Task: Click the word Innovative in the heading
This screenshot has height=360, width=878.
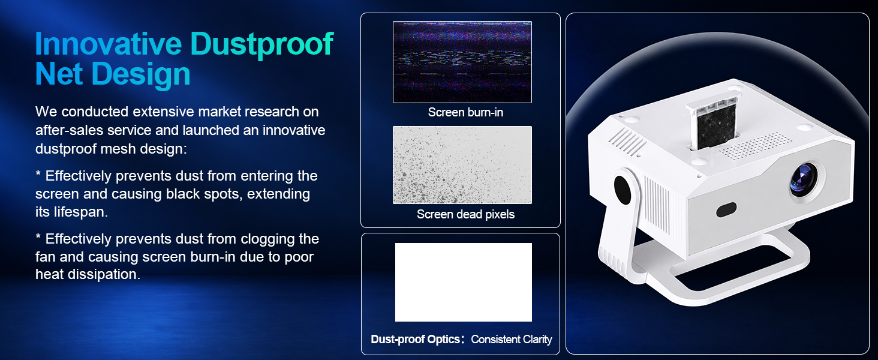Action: (109, 43)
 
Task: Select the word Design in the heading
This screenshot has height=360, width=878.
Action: (141, 75)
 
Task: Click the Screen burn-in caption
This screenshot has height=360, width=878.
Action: (465, 113)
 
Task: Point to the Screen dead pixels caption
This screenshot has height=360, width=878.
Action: (465, 215)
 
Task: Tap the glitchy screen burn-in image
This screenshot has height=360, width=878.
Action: (462, 62)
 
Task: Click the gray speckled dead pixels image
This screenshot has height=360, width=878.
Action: (462, 165)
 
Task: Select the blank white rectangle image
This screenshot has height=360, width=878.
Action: (464, 283)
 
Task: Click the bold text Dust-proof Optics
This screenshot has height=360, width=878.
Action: (415, 339)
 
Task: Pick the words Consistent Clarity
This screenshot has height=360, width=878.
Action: (511, 340)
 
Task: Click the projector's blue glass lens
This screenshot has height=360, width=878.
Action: (804, 179)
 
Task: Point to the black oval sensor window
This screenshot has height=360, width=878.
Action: (726, 210)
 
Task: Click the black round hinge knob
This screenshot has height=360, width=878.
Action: (623, 190)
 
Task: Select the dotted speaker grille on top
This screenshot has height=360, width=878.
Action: (755, 145)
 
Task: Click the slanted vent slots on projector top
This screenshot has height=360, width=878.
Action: (627, 141)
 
